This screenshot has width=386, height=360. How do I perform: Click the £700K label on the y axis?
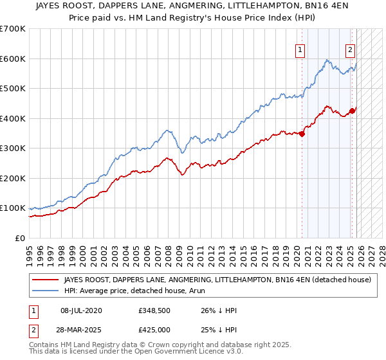[13, 29]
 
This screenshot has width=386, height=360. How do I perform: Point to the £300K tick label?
[13, 148]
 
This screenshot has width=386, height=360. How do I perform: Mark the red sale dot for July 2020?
[302, 134]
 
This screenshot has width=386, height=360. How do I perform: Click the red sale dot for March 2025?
[353, 111]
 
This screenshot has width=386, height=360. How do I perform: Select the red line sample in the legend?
[45, 280]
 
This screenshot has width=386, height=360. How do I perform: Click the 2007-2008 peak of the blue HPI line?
[167, 130]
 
